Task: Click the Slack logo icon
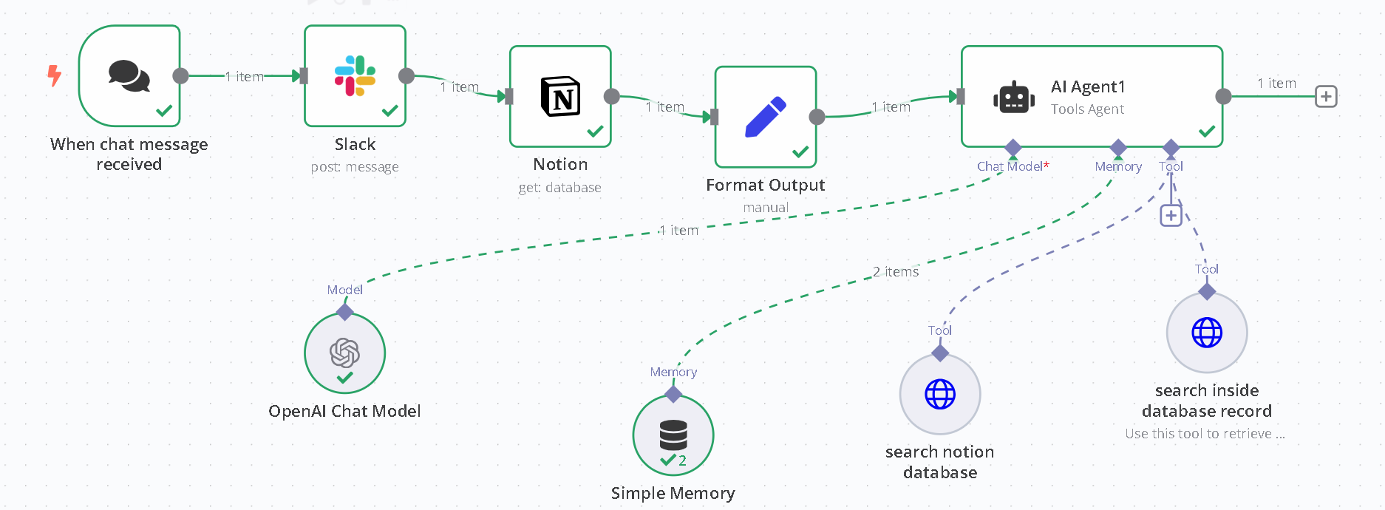pos(355,76)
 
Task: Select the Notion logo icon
pos(560,96)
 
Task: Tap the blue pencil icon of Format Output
pos(765,117)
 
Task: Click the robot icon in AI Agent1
pos(1013,97)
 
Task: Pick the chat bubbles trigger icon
pos(129,75)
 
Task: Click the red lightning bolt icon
pos(54,75)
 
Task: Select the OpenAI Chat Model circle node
pos(344,353)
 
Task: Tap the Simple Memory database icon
pos(673,435)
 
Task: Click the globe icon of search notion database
pos(940,394)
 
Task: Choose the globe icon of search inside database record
pos(1207,333)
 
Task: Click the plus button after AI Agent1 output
pos(1326,97)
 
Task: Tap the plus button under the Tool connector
pos(1171,216)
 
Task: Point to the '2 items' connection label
pos(896,272)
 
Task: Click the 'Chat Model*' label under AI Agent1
pos(1013,166)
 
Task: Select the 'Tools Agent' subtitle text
pos(1087,109)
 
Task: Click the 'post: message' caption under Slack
pos(355,167)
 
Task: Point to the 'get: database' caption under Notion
pos(560,188)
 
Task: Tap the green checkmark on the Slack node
pos(389,111)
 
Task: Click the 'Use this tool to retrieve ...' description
pos(1205,434)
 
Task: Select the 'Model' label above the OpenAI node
pos(344,290)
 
